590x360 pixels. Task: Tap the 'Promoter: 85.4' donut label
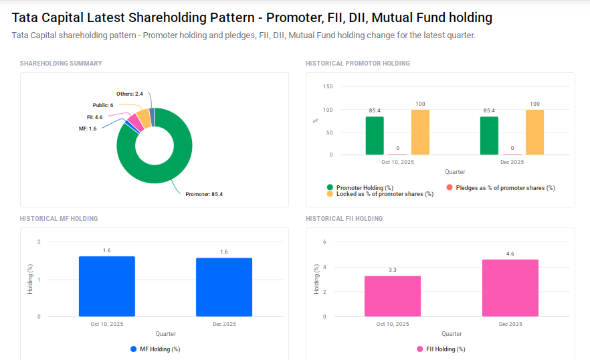203,194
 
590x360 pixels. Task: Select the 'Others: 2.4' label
130,94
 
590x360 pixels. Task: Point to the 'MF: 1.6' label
88,128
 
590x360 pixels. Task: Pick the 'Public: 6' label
102,106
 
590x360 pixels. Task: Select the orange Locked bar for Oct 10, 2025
420,132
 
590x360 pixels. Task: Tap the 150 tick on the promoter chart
327,86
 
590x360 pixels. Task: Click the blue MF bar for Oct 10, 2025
107,286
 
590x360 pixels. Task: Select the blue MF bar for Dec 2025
224,287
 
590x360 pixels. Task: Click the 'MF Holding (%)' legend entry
159,349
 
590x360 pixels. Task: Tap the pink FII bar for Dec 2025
510,288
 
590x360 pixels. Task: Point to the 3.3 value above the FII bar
393,270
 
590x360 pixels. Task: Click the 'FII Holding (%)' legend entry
445,349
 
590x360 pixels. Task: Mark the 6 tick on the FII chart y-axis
324,242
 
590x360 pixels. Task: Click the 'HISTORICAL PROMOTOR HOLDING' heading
358,64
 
